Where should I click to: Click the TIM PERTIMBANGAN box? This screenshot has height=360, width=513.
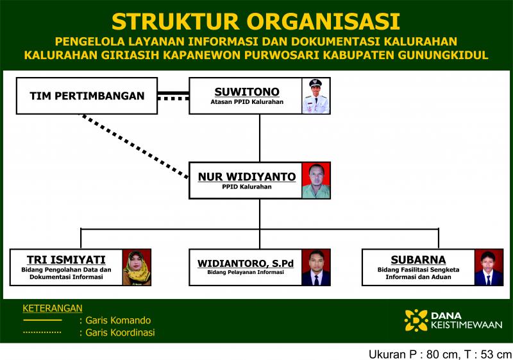(87, 96)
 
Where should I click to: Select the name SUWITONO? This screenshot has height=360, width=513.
(247, 92)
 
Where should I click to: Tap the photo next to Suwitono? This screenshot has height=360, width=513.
(315, 96)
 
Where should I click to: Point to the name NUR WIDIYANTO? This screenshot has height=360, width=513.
(247, 176)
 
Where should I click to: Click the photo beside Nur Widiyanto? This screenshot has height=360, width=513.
(315, 181)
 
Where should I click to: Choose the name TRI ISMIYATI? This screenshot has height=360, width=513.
(66, 259)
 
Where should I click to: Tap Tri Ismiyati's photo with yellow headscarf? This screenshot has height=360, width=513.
(137, 268)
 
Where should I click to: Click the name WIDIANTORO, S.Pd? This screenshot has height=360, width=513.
(246, 264)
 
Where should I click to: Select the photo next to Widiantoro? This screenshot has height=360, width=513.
(315, 268)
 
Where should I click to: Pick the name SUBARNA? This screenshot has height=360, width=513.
(418, 259)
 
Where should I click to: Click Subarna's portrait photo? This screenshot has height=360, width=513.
(489, 268)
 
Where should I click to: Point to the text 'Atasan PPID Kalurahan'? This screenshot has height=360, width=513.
(247, 102)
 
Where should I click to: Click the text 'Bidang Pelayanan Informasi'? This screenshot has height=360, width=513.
(246, 272)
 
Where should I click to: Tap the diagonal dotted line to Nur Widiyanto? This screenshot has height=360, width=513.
(135, 146)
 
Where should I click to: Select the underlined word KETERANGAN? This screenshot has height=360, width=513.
(53, 308)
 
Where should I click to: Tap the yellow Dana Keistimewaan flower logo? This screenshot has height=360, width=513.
(416, 320)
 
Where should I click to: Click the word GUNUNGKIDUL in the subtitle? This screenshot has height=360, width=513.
(443, 55)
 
